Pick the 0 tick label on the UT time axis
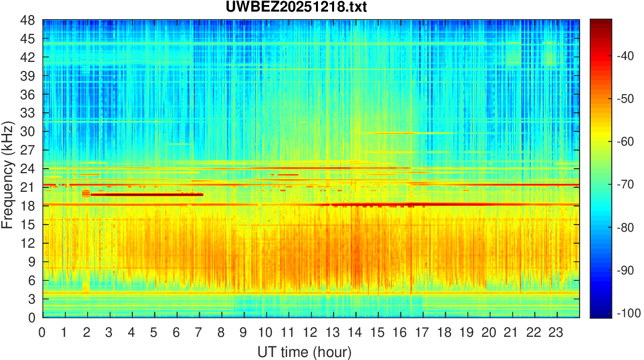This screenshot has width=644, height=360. [x=42, y=333]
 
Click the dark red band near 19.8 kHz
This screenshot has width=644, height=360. [x=146, y=194]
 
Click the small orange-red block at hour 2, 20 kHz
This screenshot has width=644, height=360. [x=86, y=192]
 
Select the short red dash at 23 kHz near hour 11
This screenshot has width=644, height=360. [x=288, y=175]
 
